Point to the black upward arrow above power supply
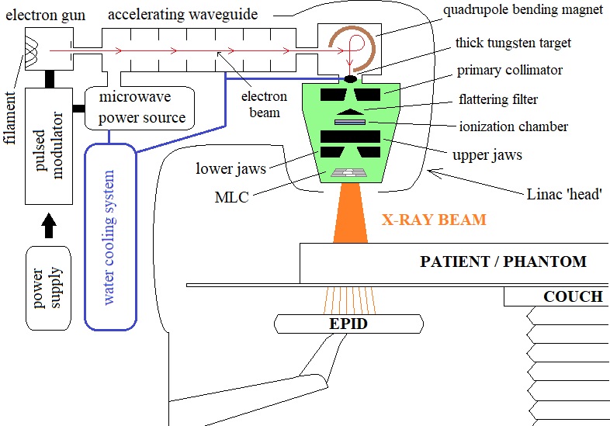pyautogui.click(x=48, y=225)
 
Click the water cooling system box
pyautogui.click(x=109, y=233)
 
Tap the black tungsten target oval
pyautogui.click(x=351, y=78)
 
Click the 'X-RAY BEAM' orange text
pyautogui.click(x=434, y=220)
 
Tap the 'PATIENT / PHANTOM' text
pyautogui.click(x=503, y=261)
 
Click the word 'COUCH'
pyautogui.click(x=573, y=296)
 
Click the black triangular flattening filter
pyautogui.click(x=350, y=112)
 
